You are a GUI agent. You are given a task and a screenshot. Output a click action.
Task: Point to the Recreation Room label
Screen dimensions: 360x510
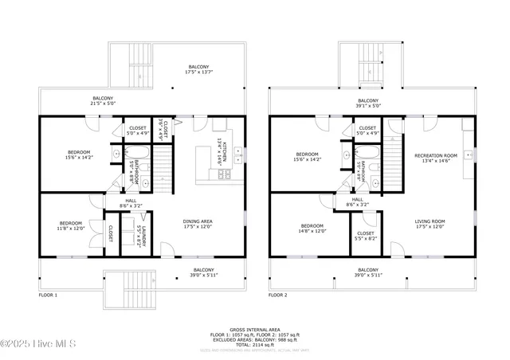(x=435, y=158)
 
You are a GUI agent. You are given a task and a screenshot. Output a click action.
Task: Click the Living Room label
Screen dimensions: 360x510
(x=430, y=224)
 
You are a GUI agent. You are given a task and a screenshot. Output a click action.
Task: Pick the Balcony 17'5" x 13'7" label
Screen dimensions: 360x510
(x=200, y=69)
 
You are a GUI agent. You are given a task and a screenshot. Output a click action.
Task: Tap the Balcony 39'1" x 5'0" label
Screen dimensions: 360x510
(x=368, y=103)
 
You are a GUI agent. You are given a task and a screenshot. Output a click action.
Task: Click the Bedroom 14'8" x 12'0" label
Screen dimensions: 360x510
(x=312, y=228)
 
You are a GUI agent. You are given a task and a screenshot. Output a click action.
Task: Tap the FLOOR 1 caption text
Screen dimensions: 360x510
(x=49, y=295)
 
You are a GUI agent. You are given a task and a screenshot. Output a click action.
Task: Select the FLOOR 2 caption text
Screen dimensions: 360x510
(x=277, y=295)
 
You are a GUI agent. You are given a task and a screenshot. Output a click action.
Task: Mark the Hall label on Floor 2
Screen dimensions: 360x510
(x=358, y=202)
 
